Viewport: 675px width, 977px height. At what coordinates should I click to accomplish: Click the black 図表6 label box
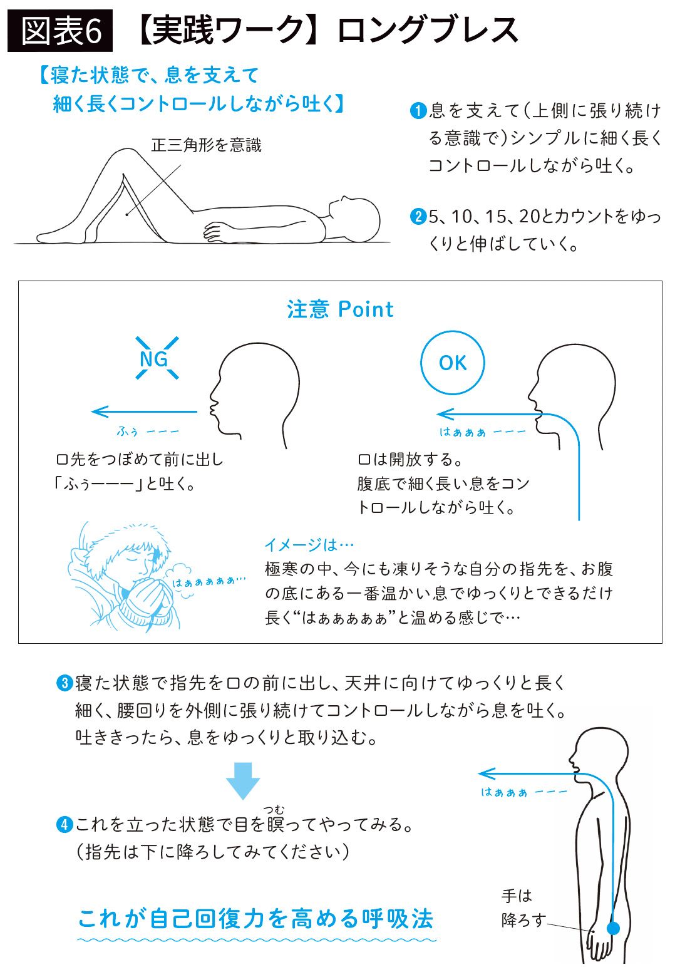pos(59,31)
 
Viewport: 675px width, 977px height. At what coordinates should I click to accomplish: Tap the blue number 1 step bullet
pos(418,111)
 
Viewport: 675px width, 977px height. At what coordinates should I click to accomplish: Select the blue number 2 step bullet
pos(418,216)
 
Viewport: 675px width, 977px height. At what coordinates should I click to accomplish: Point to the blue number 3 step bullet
pos(64,683)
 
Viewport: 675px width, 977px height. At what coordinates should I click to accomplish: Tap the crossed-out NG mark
pos(157,358)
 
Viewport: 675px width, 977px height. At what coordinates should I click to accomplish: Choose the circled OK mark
pos(453,363)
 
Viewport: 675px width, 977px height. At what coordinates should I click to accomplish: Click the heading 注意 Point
pos(340,309)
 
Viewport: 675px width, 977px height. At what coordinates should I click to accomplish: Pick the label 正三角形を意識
pos(206,145)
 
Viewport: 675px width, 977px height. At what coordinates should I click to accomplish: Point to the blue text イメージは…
pos(309,544)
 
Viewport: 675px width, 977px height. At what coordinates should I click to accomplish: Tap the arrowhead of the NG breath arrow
pos(93,411)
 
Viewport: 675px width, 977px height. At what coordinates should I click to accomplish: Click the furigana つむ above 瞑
pos(274,810)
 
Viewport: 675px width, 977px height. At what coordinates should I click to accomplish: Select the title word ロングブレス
pos(428,30)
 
